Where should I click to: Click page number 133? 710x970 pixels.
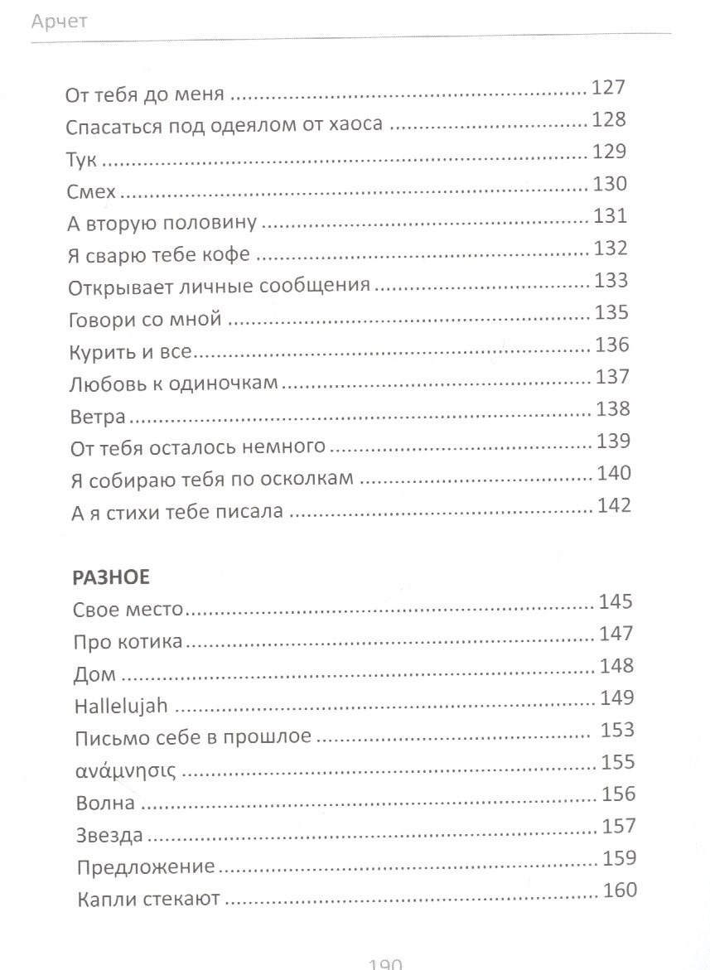[x=611, y=281]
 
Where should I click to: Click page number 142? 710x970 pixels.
[x=613, y=506]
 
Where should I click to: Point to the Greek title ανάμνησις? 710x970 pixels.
[x=123, y=770]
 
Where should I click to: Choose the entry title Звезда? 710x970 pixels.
[x=108, y=833]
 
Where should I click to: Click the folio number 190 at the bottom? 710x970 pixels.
[x=384, y=963]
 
